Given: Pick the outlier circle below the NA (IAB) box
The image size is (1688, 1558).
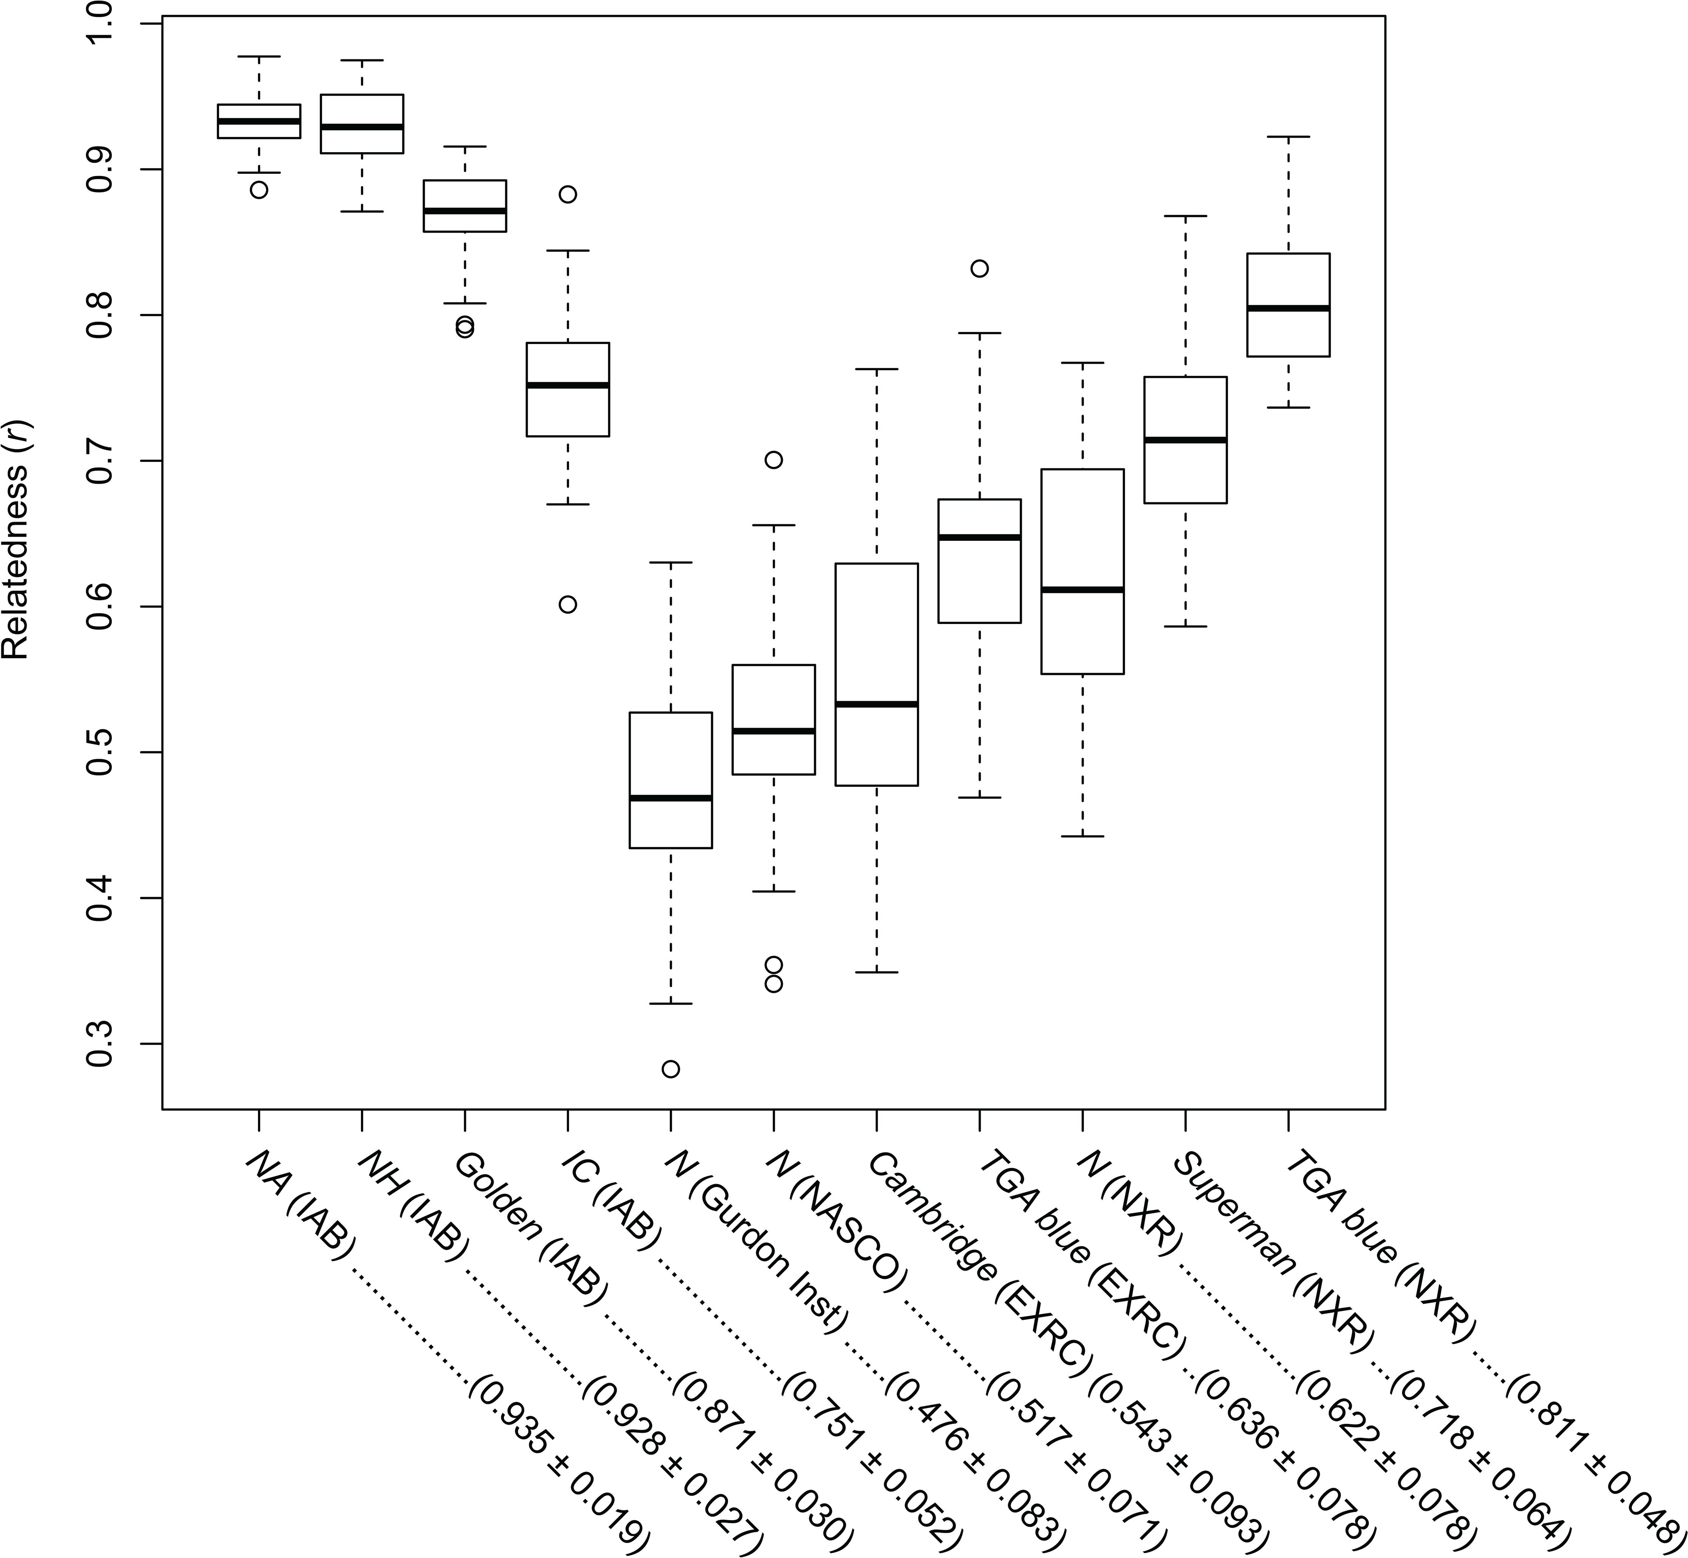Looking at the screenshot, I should [259, 190].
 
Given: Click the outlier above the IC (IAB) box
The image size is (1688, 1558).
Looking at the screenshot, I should [568, 194].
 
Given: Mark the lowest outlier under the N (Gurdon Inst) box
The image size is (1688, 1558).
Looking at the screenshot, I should [671, 1069].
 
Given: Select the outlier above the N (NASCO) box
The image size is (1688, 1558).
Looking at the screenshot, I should [774, 460].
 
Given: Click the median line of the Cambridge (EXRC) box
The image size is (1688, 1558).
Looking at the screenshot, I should [876, 703].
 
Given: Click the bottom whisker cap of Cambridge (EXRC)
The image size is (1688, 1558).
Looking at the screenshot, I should [876, 972].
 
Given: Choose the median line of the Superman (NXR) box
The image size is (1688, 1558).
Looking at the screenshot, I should [1185, 439].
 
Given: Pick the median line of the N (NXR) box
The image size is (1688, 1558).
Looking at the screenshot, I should [1082, 589].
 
